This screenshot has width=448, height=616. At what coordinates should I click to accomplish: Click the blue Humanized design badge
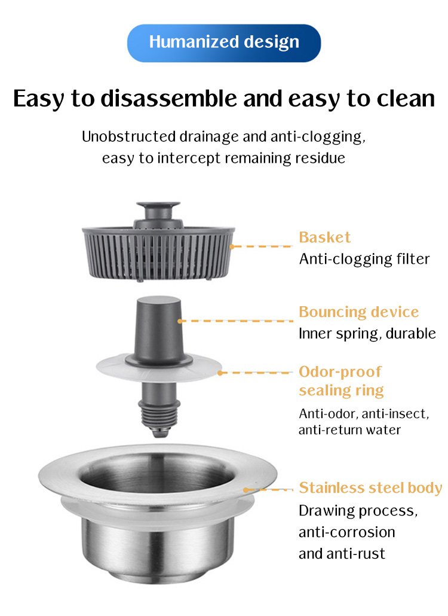(x=224, y=43)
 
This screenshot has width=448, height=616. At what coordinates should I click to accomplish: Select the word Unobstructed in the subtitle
(x=128, y=137)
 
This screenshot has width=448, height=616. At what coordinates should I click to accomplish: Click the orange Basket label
(x=324, y=237)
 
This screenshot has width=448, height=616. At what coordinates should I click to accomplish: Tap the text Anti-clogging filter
(x=364, y=260)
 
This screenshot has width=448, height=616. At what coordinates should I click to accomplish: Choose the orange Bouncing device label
(x=358, y=312)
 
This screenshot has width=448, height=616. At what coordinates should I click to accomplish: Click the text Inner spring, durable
(x=367, y=334)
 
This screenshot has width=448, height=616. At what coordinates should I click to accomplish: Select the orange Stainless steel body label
(x=370, y=487)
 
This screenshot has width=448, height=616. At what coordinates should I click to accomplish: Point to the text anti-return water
(x=349, y=430)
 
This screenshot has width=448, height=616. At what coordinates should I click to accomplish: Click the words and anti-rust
(x=342, y=554)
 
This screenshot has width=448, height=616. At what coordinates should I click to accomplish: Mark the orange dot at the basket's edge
(x=231, y=246)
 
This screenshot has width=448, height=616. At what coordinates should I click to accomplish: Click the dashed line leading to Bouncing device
(x=235, y=321)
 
